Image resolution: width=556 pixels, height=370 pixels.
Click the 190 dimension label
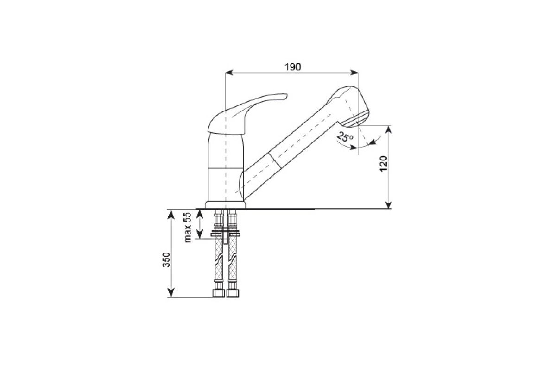293,67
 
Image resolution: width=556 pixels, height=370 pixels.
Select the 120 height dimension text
384,164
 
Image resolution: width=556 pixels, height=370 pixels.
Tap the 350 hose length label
166,260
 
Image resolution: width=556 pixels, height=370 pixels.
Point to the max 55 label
188,228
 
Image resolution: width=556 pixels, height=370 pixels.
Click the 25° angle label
345,137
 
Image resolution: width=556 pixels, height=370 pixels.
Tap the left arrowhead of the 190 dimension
229,72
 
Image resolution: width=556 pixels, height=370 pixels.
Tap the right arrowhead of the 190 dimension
354,72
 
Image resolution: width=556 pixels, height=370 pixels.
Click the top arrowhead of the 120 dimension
389,129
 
